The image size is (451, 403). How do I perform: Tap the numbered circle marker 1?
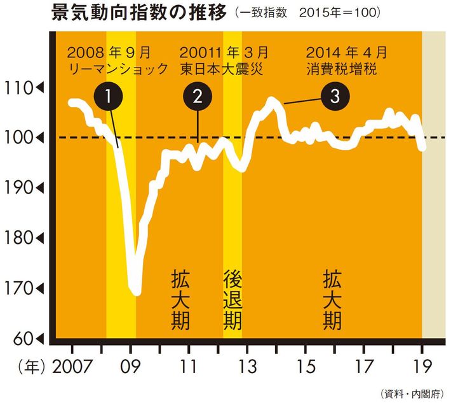pos(109,97)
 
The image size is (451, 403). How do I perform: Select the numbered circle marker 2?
pos(198,97)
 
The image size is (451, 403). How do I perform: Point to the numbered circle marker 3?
pos(334,97)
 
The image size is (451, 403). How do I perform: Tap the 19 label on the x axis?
pos(423,368)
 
